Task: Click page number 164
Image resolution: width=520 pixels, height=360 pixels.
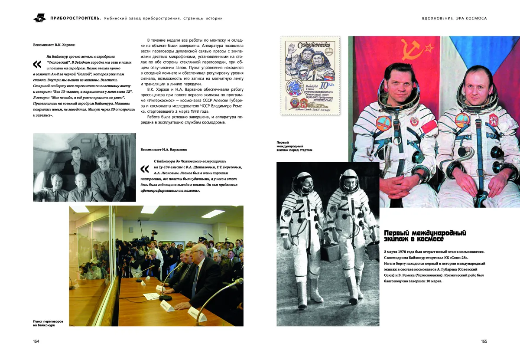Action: (36, 341)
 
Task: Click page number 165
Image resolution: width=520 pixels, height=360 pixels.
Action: (484, 341)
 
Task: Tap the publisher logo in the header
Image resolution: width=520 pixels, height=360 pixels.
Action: (39, 18)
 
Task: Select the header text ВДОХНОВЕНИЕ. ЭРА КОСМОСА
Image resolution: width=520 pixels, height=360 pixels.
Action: (454, 18)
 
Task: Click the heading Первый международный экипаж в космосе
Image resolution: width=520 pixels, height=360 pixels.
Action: (425, 236)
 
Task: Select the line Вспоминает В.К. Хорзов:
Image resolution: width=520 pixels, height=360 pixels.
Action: (54, 45)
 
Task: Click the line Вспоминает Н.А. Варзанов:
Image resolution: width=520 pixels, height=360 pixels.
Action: (164, 150)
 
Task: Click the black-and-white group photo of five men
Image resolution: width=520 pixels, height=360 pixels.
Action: (84, 167)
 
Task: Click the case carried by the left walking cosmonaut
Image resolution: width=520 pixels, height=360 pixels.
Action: (330, 252)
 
